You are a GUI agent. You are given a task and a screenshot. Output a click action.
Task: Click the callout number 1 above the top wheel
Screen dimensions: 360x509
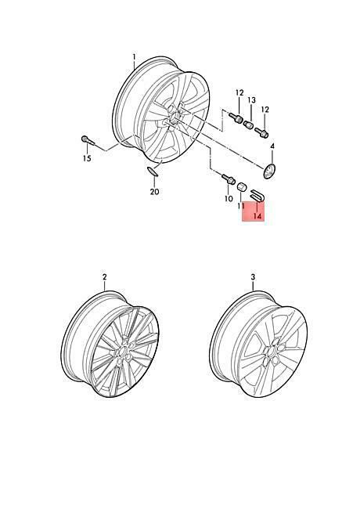click(134, 57)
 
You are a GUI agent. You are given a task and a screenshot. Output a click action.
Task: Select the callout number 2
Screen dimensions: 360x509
click(104, 277)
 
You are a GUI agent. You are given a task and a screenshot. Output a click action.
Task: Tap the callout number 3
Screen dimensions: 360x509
click(253, 277)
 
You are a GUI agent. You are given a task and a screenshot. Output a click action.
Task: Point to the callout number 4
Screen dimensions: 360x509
click(272, 146)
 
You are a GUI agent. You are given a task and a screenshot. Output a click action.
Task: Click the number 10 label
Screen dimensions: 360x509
click(229, 198)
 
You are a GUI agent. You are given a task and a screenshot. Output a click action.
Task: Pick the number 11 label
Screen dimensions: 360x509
click(241, 206)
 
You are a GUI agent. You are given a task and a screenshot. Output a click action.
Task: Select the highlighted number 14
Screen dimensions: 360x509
click(257, 216)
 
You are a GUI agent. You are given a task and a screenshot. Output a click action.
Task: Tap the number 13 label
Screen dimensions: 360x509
click(252, 100)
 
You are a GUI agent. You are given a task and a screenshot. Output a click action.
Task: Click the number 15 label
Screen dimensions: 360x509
click(87, 158)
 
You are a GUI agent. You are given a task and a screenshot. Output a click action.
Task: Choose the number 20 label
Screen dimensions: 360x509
click(155, 192)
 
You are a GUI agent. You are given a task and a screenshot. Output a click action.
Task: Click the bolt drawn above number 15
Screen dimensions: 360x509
click(87, 140)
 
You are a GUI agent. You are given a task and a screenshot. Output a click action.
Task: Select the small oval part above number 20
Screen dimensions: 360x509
click(152, 171)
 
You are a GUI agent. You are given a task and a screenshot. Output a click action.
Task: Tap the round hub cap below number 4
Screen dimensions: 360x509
click(269, 171)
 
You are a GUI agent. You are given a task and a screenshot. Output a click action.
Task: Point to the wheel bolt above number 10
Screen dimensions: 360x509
click(229, 179)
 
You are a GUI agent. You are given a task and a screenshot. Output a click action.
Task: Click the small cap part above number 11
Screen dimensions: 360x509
click(243, 187)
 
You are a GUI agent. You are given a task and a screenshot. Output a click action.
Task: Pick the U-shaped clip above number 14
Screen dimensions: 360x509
click(257, 197)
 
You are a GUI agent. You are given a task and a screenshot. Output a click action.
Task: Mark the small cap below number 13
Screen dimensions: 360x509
click(248, 125)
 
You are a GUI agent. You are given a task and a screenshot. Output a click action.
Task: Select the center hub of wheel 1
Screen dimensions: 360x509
click(175, 117)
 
